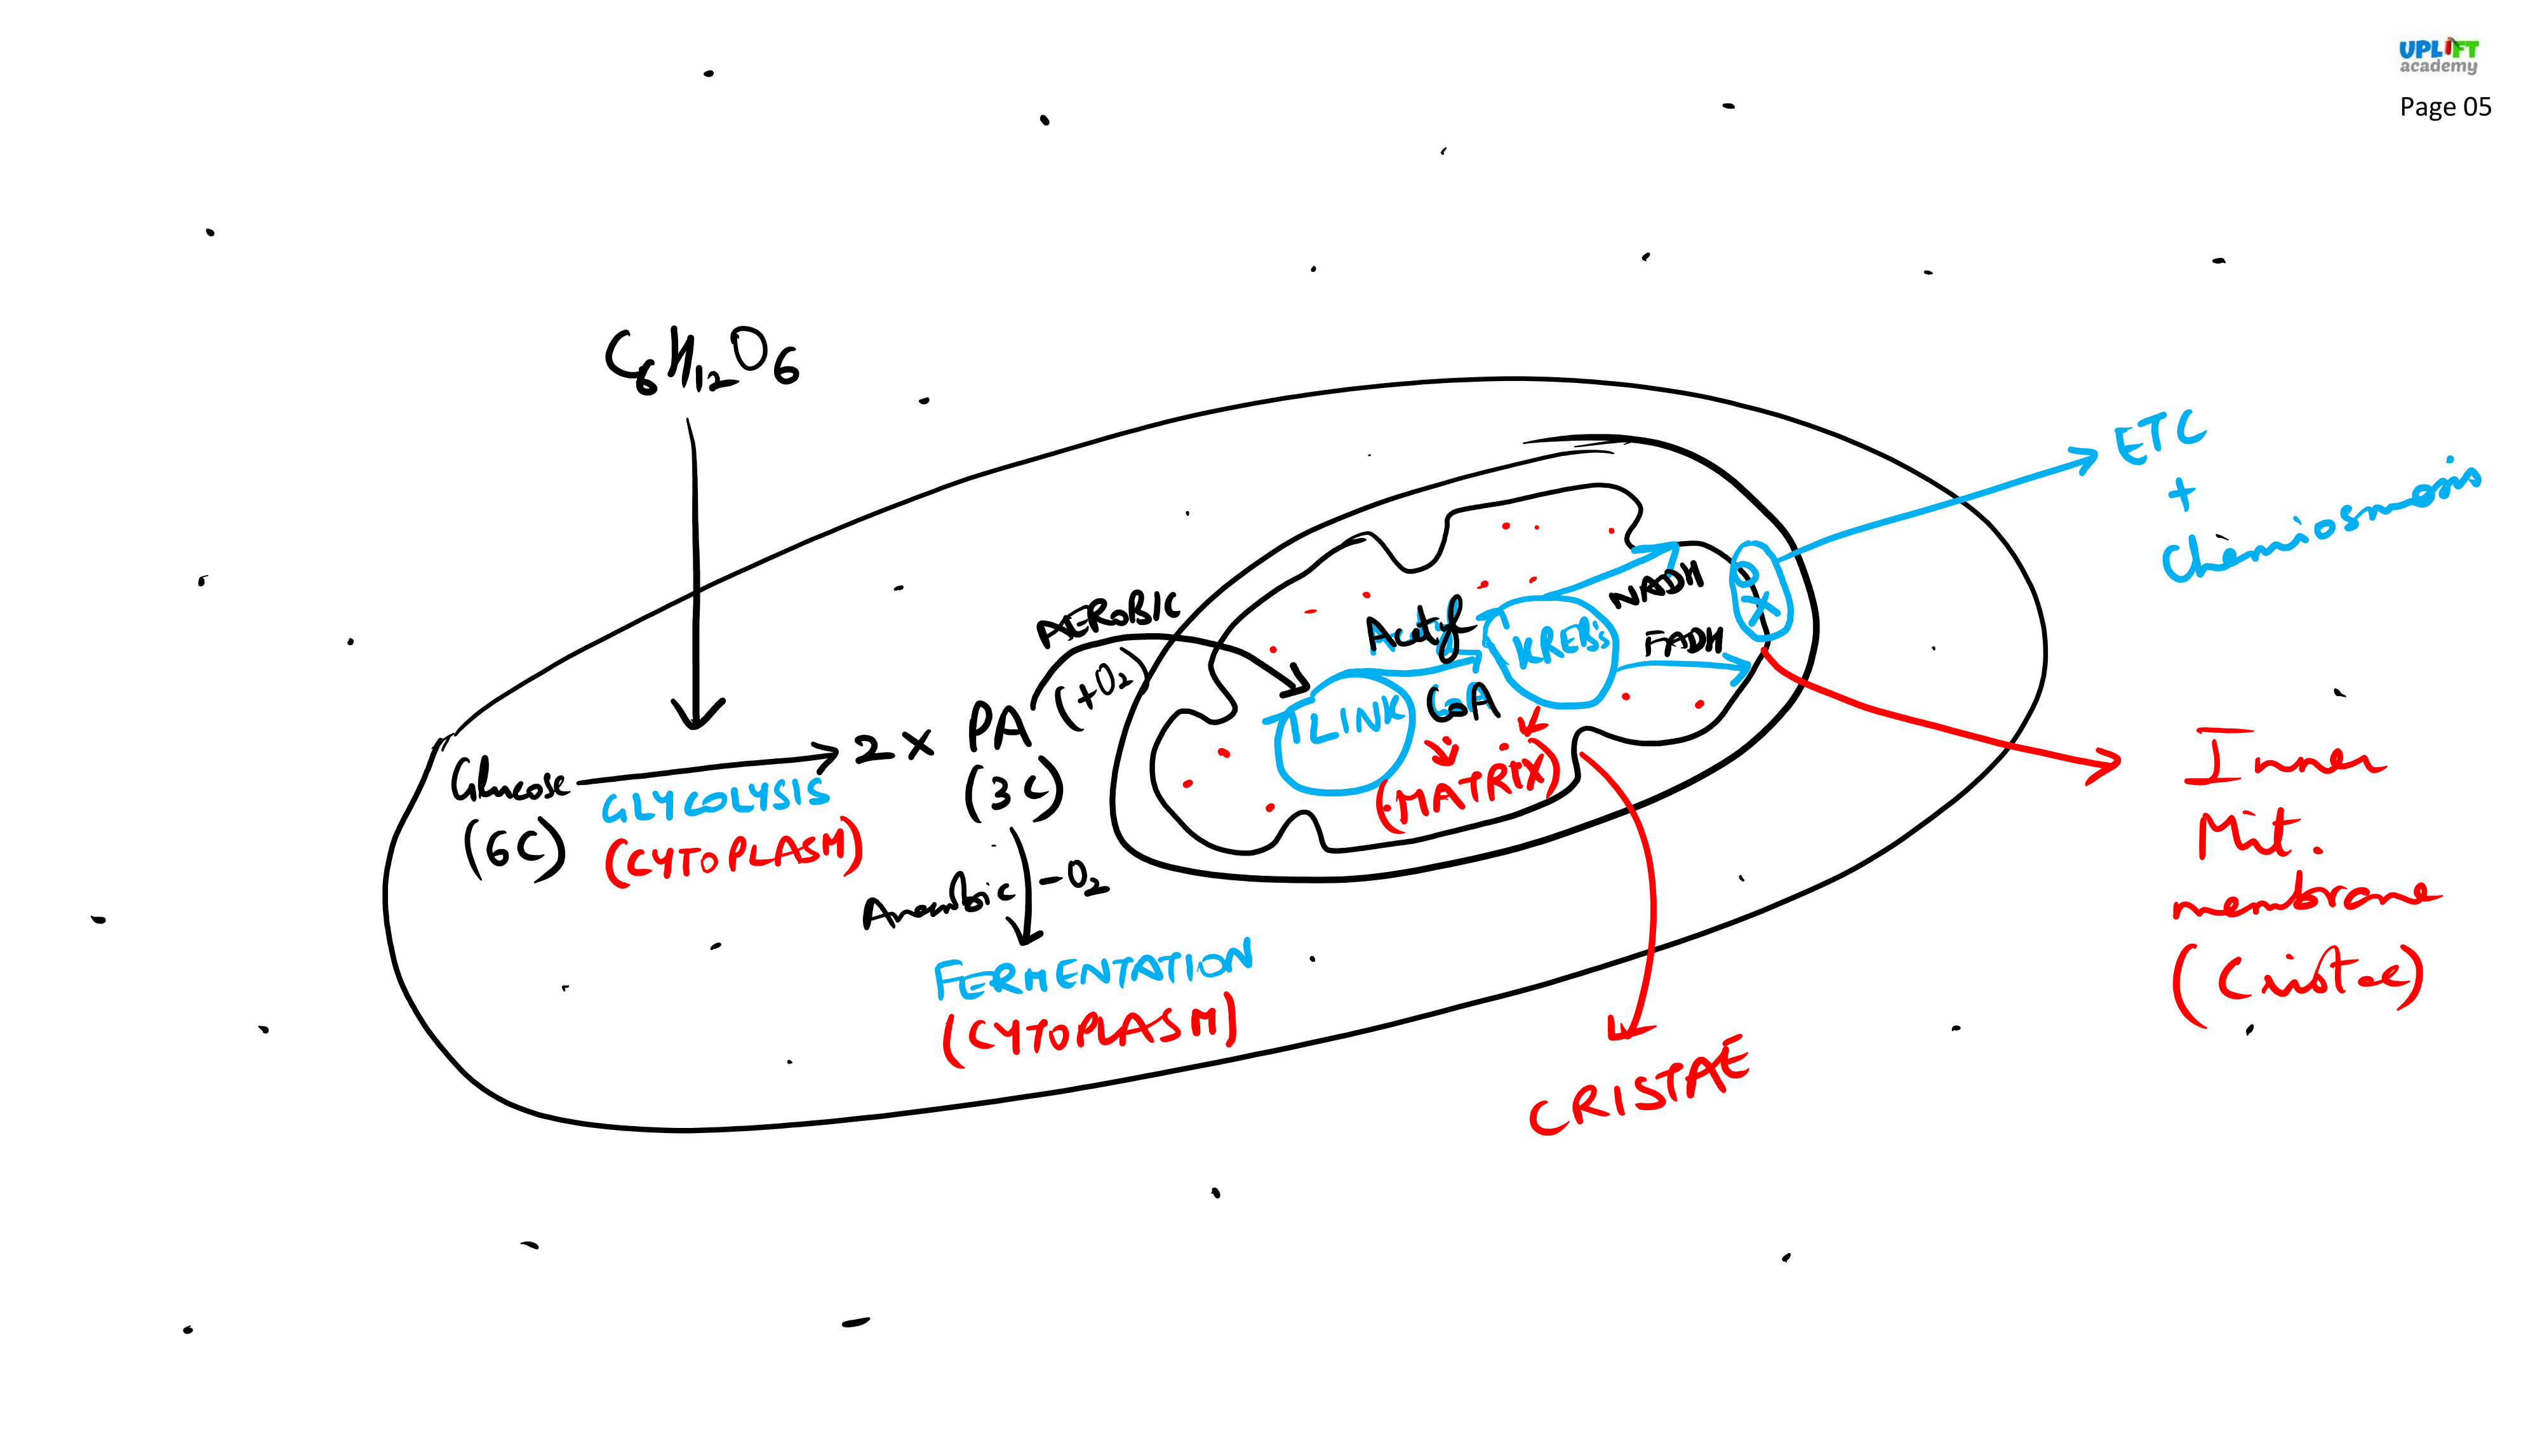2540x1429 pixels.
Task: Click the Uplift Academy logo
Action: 2438,57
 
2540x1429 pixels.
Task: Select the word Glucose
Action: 509,779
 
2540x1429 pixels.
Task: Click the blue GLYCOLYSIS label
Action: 716,800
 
